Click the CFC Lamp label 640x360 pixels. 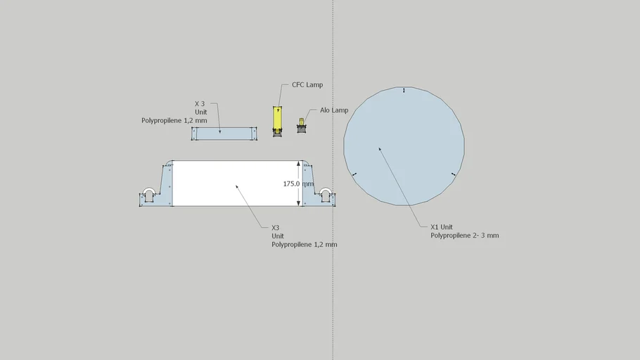(307, 85)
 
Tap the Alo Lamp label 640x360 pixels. (334, 110)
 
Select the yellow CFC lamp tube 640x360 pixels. (277, 118)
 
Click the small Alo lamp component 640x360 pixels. (302, 126)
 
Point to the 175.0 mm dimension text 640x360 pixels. (298, 184)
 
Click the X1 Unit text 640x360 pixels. (442, 227)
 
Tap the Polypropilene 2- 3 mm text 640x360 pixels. (464, 236)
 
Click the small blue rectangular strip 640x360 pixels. (224, 134)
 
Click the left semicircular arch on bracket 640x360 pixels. (148, 189)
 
